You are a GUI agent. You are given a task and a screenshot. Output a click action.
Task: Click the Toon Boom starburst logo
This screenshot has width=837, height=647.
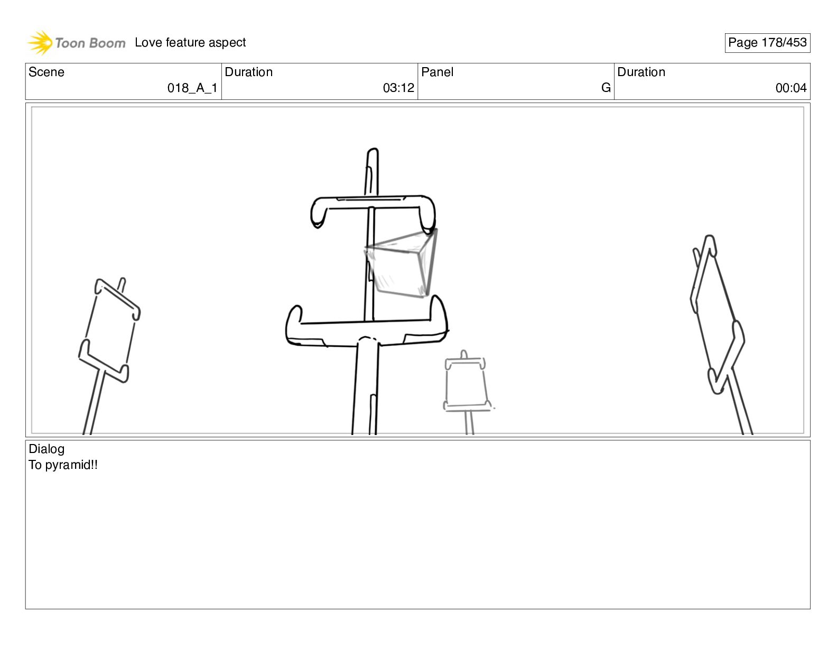coord(40,42)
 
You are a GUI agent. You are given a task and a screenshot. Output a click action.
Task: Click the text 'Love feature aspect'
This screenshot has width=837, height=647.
coord(190,42)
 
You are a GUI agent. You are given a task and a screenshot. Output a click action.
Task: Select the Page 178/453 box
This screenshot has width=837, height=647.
coord(767,43)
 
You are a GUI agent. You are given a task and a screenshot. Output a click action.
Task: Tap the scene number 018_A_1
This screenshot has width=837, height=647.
coord(192,88)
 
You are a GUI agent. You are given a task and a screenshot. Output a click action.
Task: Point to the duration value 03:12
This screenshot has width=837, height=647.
coord(398,88)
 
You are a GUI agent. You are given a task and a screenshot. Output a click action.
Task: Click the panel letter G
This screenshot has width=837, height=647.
coord(606,88)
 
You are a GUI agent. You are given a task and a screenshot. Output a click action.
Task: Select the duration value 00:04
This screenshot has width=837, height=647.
coord(791,88)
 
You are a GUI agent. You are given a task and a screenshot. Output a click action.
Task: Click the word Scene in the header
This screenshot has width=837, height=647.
coord(46,72)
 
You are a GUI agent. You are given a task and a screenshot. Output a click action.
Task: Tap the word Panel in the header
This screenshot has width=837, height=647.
coord(437,72)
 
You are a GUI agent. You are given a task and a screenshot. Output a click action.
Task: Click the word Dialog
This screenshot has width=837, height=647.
coord(46,449)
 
